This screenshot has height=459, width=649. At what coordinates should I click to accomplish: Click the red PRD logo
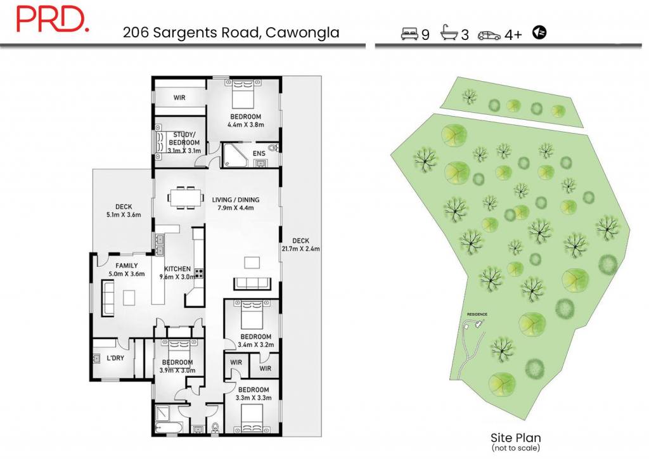52,19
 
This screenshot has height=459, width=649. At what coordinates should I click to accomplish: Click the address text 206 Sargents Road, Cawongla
231,32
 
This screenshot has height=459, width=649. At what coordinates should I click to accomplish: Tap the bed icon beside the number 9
409,34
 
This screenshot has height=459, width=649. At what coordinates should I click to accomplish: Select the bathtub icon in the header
449,32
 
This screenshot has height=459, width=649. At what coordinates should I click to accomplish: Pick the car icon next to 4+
489,35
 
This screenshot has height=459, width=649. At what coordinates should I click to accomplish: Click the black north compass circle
539,32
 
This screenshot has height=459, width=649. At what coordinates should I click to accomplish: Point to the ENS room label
259,153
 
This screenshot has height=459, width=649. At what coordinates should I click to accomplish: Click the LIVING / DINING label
236,200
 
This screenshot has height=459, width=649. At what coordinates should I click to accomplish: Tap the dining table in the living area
186,197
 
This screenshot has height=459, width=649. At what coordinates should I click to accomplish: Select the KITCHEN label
177,269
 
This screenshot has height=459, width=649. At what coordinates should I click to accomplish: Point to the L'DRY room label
115,358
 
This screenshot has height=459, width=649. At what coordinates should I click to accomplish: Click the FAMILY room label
127,266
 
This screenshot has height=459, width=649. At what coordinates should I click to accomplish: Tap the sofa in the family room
108,298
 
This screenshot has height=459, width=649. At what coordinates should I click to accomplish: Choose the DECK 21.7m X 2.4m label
300,245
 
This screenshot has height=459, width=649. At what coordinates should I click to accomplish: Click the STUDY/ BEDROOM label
184,139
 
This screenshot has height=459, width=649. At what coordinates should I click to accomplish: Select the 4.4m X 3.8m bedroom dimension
246,125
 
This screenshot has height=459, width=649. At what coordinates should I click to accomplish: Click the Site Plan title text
516,438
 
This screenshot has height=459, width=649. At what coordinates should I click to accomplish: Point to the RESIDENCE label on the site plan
477,314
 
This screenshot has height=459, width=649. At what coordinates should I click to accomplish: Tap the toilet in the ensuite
273,148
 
